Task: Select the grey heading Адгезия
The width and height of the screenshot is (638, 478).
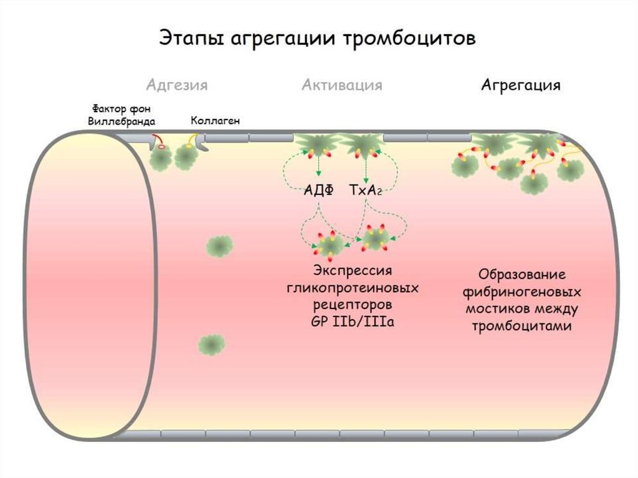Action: pos(177,85)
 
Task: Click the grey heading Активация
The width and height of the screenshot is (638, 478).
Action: pos(341,85)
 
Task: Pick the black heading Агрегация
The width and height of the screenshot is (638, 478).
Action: pos(520,85)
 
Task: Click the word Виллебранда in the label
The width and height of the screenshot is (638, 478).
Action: pos(121,121)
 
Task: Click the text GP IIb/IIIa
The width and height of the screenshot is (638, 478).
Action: pos(353,322)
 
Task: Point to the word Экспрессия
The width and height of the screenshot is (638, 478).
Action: pos(353,271)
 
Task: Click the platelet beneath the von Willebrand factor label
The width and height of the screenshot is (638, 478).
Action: pos(161,160)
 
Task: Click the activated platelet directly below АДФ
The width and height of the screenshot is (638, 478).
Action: pos(328,246)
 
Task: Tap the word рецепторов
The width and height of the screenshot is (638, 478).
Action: pos(353,305)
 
